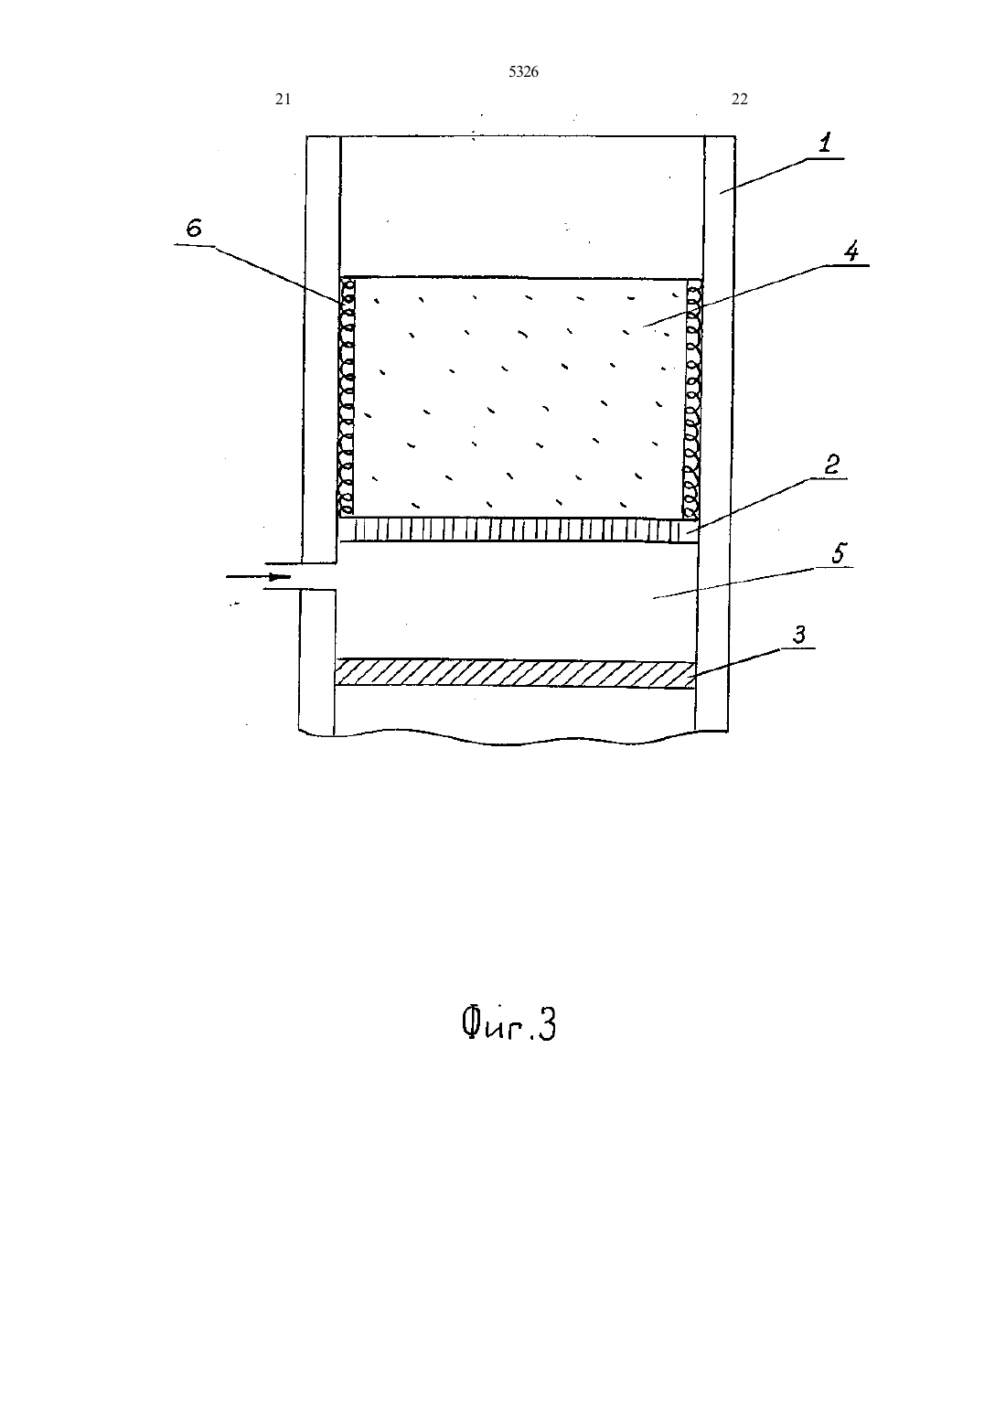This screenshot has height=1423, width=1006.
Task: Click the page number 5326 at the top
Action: [523, 71]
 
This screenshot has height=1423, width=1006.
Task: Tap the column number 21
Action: [283, 99]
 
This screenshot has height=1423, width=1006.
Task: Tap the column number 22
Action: [740, 99]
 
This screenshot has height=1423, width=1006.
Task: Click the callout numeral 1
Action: [825, 143]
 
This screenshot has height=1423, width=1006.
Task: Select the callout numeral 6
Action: [194, 228]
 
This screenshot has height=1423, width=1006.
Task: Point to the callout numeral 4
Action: [851, 251]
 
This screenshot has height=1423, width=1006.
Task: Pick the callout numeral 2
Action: [832, 465]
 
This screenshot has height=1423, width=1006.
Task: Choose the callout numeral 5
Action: [840, 552]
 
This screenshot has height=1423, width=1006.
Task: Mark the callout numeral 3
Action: [799, 634]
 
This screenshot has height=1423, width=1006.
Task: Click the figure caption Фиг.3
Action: [508, 1024]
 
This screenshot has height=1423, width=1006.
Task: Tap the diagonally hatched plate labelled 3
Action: [515, 673]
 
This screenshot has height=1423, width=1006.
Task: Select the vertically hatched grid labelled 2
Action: [518, 530]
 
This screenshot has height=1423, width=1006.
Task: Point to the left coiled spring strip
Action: [347, 396]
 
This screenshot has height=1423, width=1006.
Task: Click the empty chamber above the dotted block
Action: [522, 207]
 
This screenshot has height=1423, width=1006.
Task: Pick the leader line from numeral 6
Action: [257, 273]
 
